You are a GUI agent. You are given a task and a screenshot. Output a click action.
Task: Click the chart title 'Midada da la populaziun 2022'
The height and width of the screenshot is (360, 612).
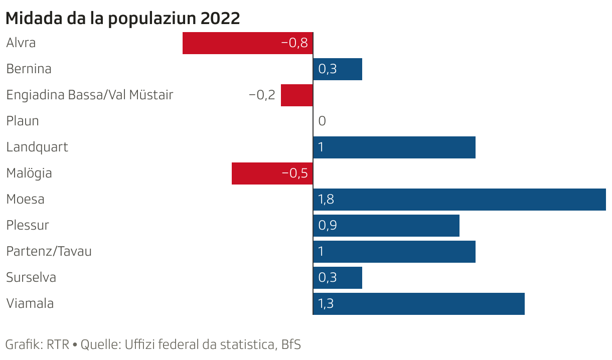click(x=123, y=19)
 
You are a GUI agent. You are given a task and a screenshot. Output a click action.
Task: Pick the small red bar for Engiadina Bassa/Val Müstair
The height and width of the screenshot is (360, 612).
click(x=296, y=95)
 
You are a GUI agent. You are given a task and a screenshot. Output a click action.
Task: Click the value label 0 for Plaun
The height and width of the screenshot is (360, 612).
click(x=322, y=121)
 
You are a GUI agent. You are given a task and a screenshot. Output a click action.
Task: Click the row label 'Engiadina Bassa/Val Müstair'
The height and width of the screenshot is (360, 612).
click(x=90, y=95)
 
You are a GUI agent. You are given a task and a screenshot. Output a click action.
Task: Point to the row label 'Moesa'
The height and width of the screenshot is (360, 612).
click(x=25, y=199)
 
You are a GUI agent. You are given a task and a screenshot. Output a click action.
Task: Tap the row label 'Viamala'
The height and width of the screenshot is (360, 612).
click(x=30, y=303)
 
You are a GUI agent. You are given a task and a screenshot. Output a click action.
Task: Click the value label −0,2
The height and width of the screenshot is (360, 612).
click(x=262, y=95)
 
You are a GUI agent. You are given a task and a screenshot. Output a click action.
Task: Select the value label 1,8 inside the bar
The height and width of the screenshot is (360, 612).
click(x=326, y=200)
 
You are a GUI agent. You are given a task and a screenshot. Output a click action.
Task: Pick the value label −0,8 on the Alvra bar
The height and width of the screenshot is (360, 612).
click(x=294, y=43)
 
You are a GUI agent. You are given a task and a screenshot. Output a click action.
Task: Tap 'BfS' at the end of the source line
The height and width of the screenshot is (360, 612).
click(x=291, y=345)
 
